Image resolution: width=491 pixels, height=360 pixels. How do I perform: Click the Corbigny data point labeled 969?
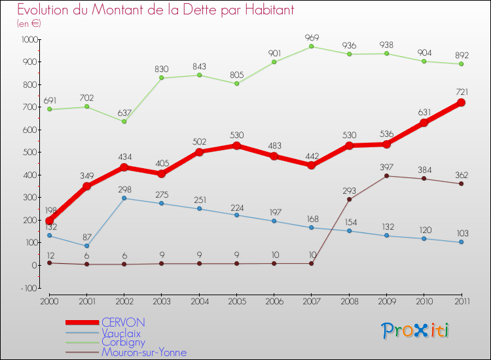tap(312, 46)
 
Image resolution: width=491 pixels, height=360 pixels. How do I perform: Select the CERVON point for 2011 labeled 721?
tap(461, 103)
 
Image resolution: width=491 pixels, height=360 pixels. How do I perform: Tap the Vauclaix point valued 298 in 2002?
tap(124, 198)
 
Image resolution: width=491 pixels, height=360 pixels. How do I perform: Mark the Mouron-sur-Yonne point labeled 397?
tap(386, 175)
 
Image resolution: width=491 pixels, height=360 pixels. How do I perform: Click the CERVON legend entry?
tap(123, 323)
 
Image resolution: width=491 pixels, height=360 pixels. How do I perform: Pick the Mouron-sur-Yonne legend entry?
tap(143, 352)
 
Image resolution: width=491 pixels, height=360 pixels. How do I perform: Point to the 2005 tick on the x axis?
tap(236, 300)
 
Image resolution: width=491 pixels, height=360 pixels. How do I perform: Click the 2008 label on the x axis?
tap(349, 300)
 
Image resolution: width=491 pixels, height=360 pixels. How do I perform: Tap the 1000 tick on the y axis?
tap(28, 39)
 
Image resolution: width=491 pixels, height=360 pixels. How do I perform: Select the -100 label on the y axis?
tap(29, 288)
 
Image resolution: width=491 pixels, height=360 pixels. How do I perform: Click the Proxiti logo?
tap(416, 331)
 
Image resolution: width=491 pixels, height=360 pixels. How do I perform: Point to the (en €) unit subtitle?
tap(29, 24)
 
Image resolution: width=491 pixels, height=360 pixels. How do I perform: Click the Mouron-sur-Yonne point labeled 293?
tap(349, 199)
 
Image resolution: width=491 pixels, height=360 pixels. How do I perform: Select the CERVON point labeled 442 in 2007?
tap(312, 165)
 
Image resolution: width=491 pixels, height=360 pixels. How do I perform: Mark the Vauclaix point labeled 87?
tap(87, 246)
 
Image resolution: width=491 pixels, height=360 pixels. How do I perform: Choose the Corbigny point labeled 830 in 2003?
tap(162, 78)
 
